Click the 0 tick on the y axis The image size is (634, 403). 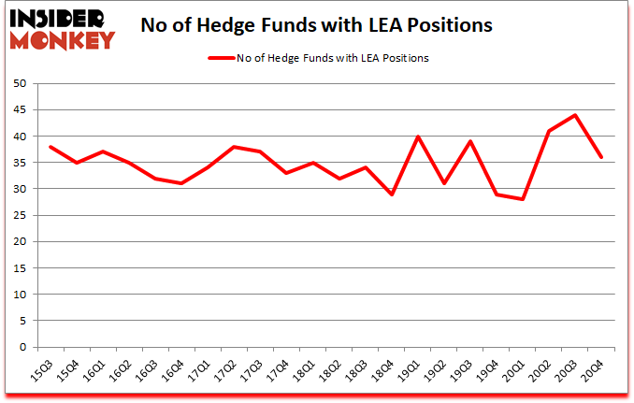point(22,347)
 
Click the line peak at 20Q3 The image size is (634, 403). point(575,115)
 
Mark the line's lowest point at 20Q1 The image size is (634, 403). point(522,199)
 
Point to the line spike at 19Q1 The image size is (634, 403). point(417,137)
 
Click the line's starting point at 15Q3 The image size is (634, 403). point(50,147)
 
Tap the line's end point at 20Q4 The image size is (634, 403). point(601,157)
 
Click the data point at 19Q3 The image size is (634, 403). point(469,141)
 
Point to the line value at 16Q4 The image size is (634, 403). point(182,183)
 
